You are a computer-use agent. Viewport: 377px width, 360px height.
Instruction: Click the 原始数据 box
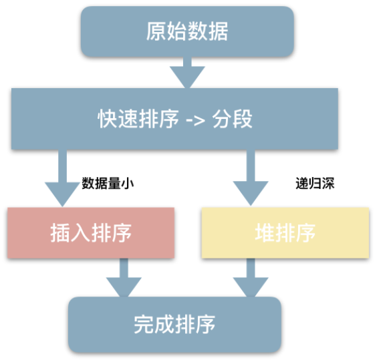[x=187, y=31]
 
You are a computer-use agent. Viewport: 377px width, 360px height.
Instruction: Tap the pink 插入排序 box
[x=90, y=232]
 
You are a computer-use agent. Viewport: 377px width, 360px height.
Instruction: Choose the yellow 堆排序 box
[x=285, y=232]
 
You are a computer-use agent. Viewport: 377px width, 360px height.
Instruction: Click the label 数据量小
[x=108, y=182]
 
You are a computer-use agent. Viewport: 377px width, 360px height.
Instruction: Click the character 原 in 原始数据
[x=156, y=31]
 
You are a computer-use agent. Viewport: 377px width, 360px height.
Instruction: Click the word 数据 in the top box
[x=208, y=31]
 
